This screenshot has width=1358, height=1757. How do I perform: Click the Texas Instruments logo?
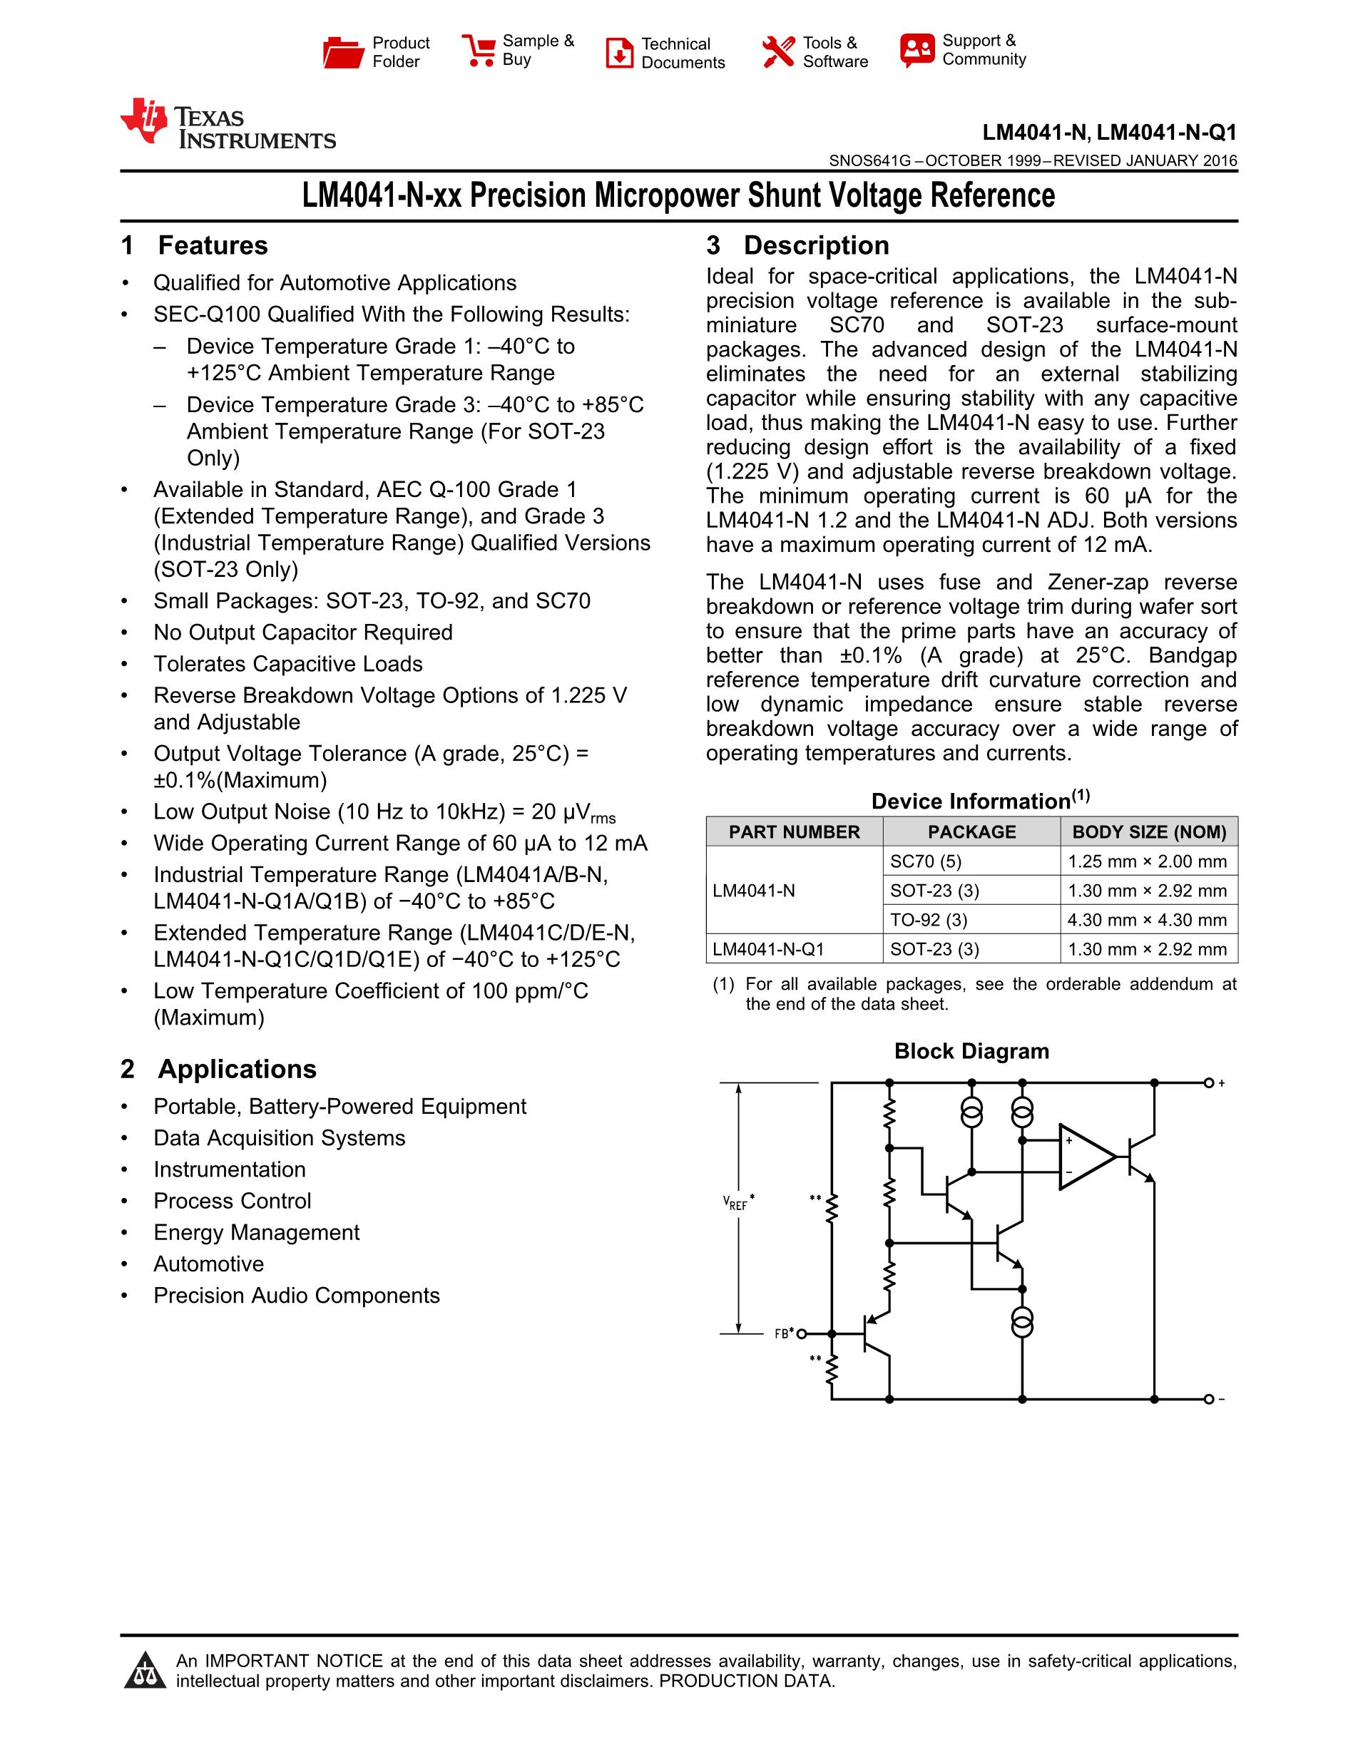[227, 125]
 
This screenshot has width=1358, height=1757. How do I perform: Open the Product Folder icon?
[343, 52]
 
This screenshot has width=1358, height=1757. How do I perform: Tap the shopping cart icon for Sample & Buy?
[479, 51]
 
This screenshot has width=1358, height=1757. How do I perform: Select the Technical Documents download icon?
[620, 53]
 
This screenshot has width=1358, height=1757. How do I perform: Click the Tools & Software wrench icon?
[778, 52]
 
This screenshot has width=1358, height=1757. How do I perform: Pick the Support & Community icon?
[917, 51]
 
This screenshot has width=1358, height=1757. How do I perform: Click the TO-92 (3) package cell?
[929, 920]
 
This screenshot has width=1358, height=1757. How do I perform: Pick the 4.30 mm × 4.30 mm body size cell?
[1146, 920]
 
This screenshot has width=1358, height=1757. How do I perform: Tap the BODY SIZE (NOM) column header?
[1149, 832]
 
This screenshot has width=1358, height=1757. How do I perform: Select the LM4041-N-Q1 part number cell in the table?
[768, 949]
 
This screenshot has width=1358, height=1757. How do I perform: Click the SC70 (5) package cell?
[925, 861]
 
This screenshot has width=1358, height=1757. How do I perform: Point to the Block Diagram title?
[971, 1052]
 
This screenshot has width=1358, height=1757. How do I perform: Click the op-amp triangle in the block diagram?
[1083, 1157]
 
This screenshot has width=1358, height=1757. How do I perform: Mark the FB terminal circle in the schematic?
[801, 1335]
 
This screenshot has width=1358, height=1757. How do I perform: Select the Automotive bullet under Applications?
[208, 1264]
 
